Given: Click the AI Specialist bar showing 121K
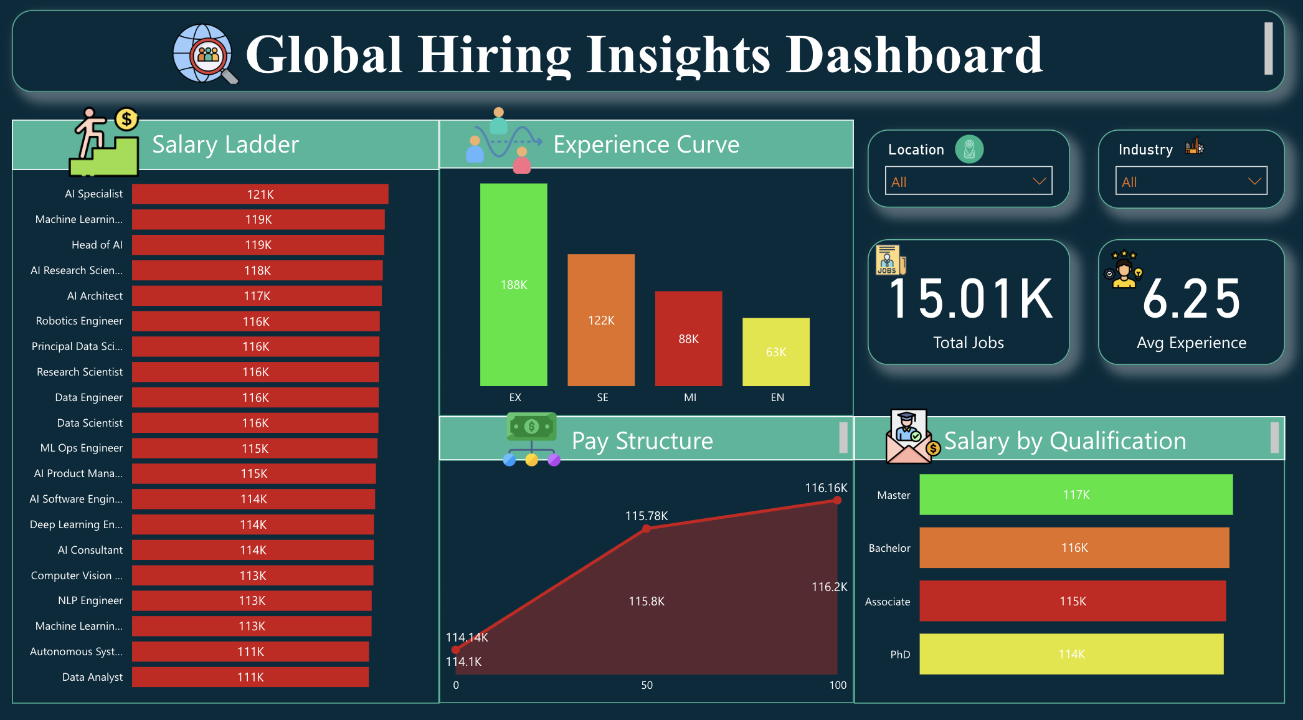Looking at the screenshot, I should [260, 194].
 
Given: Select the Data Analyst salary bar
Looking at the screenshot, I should [250, 677].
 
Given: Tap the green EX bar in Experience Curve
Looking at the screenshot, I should [514, 285].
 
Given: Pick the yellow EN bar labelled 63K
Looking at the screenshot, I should [776, 352].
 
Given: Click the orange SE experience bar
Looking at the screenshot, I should [601, 320].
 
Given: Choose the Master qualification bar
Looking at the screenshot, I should [1076, 495].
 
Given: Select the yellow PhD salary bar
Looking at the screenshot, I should [1071, 654].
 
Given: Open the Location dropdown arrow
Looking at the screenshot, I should [1039, 181].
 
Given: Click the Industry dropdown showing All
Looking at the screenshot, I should [1191, 181].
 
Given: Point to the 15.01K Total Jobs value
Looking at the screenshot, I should [970, 300].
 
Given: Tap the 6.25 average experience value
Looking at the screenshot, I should [1192, 300].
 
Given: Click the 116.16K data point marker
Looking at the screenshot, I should [837, 500].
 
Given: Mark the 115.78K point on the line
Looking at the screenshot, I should [647, 529].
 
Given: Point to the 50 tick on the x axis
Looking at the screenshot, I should [647, 685].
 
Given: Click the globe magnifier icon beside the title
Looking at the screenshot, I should [204, 54].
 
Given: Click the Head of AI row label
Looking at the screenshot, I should [97, 245].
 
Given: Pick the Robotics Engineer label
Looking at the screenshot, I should [79, 321].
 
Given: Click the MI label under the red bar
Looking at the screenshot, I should [690, 397].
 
